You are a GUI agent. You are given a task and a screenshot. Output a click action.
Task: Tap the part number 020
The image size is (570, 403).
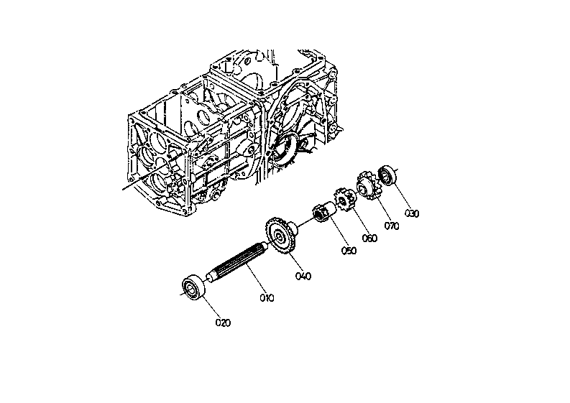pyautogui.click(x=223, y=323)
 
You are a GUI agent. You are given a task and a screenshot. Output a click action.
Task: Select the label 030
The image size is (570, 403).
pyautogui.click(x=411, y=213)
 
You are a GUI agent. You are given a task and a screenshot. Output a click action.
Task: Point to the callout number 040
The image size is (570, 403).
pyautogui.click(x=303, y=275)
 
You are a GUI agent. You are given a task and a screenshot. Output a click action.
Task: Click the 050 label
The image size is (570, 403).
pyautogui.click(x=349, y=250)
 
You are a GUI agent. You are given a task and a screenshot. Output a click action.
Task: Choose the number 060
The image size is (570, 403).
pyautogui.click(x=369, y=238)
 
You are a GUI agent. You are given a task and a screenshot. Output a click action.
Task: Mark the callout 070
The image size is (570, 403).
pyautogui.click(x=391, y=226)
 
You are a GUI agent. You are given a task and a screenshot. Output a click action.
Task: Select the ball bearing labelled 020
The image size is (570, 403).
pyautogui.click(x=195, y=287)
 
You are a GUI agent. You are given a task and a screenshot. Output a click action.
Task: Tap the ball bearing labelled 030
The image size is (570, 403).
pyautogui.click(x=388, y=175)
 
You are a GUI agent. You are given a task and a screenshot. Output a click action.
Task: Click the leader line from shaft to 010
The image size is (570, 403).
pyautogui.click(x=256, y=282)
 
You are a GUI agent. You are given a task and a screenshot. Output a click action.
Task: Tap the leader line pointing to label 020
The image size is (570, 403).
pyautogui.click(x=210, y=306)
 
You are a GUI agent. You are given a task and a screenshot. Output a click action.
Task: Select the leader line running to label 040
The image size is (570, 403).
pyautogui.click(x=293, y=260)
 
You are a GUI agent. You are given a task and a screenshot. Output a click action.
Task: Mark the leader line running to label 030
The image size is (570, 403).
pyautogui.click(x=400, y=196)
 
